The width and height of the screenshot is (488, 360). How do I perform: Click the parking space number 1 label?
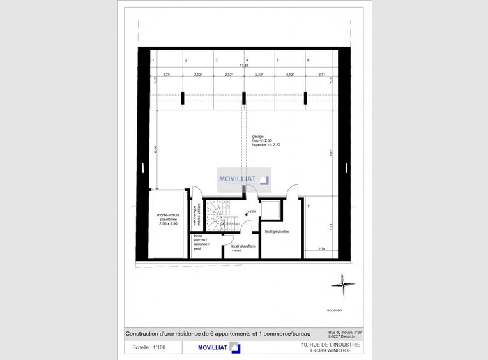[153, 60]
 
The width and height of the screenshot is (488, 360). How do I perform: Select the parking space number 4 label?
[247, 60]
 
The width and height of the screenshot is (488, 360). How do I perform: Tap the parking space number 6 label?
[309, 60]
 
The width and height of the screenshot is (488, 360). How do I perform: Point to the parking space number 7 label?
[308, 207]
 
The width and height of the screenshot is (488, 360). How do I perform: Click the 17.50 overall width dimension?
[243, 65]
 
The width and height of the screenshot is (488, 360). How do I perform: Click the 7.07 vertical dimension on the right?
[330, 153]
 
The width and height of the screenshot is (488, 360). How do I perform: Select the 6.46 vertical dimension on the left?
[155, 149]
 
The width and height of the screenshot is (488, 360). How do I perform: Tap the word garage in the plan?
[257, 136]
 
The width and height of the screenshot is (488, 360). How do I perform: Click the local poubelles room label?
[278, 232]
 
